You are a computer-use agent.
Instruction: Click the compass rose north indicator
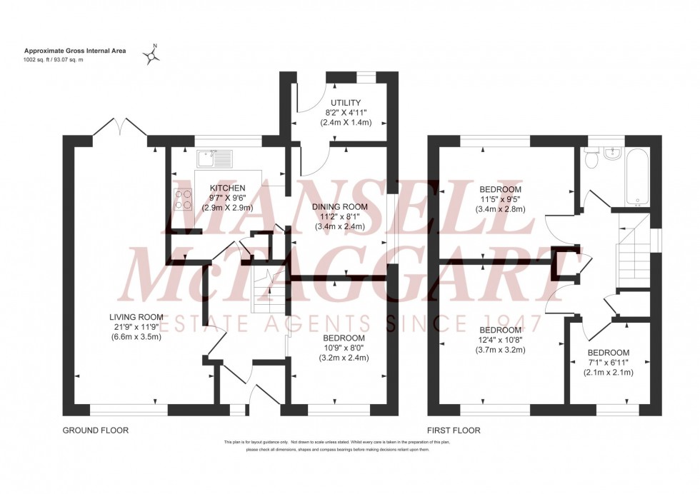151,54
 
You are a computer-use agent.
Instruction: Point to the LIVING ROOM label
136,317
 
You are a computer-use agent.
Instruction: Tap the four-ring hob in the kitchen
182,198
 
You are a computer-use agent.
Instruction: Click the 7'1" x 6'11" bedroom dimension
609,363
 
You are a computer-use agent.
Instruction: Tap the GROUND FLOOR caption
95,430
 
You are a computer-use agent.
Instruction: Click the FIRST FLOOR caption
454,430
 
